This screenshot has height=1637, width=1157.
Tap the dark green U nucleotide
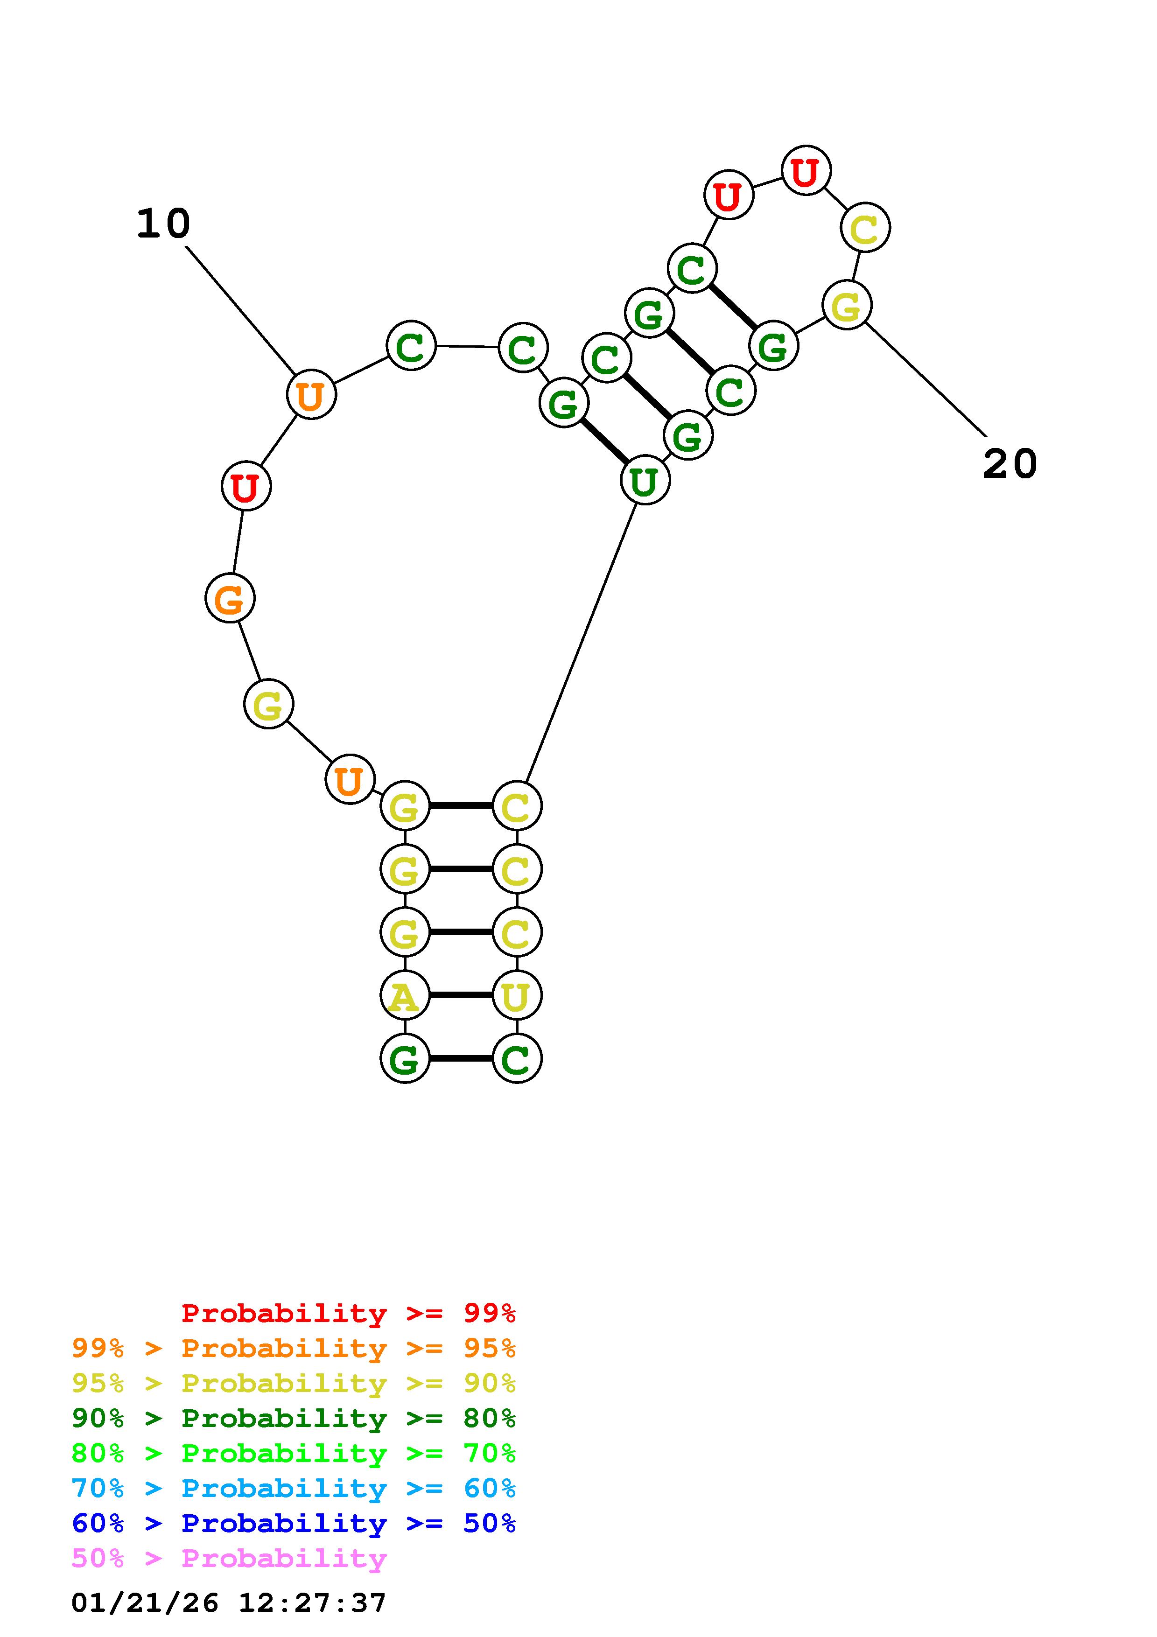click(x=645, y=481)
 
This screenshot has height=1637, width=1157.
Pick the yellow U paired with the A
click(x=516, y=996)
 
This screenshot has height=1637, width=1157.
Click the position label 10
click(x=163, y=224)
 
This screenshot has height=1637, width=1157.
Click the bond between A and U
click(x=461, y=995)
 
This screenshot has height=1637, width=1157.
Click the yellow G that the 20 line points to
click(x=846, y=306)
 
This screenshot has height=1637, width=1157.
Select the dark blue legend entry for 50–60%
click(x=294, y=1523)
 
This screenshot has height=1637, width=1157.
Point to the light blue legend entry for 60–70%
click(x=294, y=1488)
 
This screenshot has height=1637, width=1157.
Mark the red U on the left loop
click(x=246, y=488)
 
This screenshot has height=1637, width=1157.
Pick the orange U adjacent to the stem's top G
click(x=349, y=780)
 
